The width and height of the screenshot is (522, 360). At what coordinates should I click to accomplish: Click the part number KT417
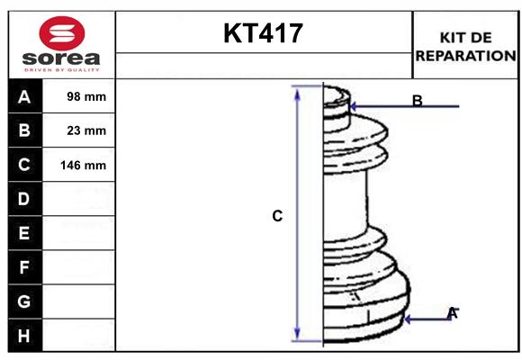263,34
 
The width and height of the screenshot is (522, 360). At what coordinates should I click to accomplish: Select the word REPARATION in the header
466,56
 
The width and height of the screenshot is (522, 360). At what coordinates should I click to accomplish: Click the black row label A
24,96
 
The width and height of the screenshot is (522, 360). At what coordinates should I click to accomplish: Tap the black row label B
24,130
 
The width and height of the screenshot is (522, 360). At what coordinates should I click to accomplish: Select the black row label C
24,165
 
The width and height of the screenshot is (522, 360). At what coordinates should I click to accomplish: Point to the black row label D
24,198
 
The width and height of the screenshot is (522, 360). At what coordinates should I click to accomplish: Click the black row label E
24,233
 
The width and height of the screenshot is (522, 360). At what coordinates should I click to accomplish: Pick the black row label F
24,267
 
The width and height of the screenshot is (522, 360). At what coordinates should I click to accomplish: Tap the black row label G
24,301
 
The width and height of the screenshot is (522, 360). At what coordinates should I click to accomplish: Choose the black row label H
24,336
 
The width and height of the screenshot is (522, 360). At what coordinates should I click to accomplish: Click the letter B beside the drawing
418,100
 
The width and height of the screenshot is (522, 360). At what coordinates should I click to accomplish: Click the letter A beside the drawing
453,313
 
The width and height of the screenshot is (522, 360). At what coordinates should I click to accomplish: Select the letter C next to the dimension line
277,216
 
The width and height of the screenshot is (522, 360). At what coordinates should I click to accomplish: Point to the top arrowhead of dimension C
297,91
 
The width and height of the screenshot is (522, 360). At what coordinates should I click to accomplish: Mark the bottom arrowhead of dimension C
297,337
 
